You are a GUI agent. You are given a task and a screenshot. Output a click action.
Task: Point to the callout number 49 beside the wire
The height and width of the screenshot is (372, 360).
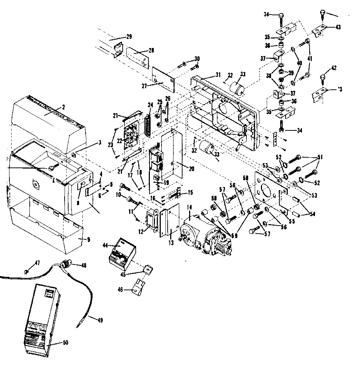[100, 320]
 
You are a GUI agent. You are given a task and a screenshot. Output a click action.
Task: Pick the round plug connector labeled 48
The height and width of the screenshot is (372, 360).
[67, 265]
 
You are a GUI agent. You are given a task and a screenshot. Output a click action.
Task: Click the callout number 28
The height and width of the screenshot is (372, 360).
[151, 50]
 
